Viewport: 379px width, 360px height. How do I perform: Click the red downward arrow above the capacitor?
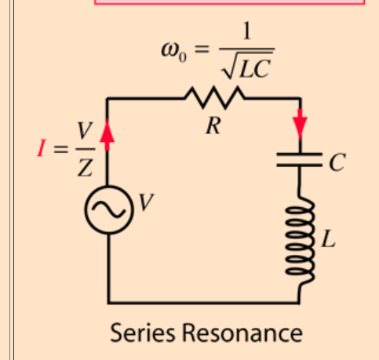tap(300, 125)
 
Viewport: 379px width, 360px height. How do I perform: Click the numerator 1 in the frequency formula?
tap(247, 31)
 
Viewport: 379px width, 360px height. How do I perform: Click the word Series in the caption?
tap(142, 333)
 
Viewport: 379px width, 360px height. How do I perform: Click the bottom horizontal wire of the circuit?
tap(204, 301)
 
